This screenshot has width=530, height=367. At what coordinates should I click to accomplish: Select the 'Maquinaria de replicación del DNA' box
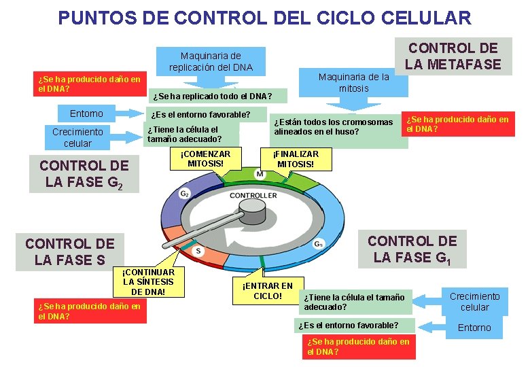click(211, 61)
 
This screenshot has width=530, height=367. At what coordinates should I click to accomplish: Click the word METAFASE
click(453, 65)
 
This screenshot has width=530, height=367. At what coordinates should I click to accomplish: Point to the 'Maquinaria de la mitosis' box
click(353, 83)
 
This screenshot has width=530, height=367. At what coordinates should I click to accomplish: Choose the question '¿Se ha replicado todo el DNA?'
click(213, 96)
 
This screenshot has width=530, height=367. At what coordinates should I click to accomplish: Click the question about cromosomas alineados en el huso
click(334, 126)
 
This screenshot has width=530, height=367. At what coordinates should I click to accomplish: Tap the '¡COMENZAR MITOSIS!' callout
click(205, 158)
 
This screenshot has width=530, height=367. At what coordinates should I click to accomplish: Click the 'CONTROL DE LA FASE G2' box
click(84, 174)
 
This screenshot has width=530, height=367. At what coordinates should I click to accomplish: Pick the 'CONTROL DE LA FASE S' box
click(70, 251)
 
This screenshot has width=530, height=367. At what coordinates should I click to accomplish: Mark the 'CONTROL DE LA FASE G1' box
click(412, 249)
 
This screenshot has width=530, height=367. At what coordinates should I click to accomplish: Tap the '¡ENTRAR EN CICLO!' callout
click(268, 291)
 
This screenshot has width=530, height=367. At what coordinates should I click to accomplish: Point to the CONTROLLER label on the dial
click(253, 196)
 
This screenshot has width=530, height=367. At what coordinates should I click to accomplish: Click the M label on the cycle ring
click(260, 175)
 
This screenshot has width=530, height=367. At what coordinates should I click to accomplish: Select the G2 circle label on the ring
click(185, 194)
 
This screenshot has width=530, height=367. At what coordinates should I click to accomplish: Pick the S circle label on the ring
click(198, 251)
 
